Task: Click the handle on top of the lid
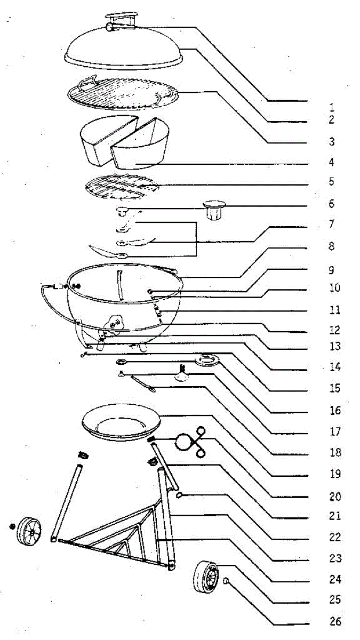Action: [x=122, y=21]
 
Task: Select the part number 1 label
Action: [x=331, y=108]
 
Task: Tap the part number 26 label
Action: [x=335, y=621]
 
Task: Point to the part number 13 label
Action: [x=335, y=346]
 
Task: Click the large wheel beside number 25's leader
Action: [x=206, y=577]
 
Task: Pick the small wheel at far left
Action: [x=29, y=531]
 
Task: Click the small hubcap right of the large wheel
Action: [x=226, y=580]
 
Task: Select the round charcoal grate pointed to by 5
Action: [x=122, y=187]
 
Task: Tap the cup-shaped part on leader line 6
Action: [x=214, y=210]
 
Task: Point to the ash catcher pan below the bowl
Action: [x=121, y=422]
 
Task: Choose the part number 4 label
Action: [x=331, y=162]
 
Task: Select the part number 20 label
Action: [x=335, y=497]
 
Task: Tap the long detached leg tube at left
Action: [x=67, y=503]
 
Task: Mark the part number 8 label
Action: [x=331, y=246]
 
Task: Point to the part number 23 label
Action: [x=335, y=558]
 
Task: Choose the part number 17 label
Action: [x=335, y=431]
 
